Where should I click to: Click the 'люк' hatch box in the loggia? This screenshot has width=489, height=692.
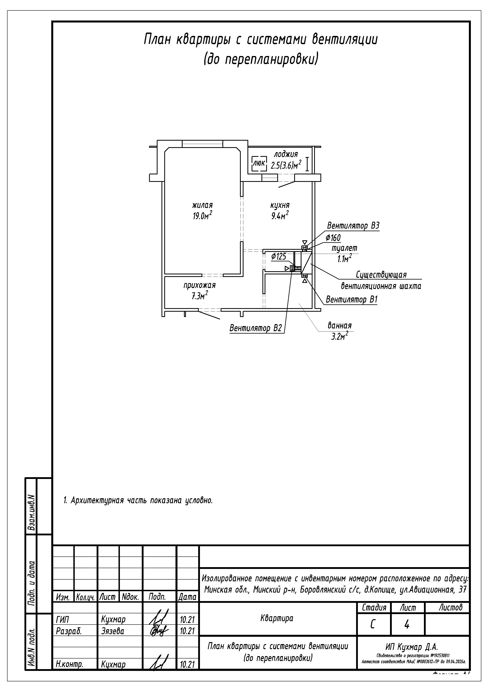tap(259, 164)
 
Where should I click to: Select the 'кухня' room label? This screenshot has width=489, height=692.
tap(280, 205)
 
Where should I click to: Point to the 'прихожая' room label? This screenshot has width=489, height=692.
tap(200, 285)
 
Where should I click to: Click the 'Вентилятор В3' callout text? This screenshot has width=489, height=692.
tap(353, 226)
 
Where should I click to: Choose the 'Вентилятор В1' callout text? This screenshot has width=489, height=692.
tap(352, 300)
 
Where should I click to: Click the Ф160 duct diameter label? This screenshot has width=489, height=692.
tap(333, 238)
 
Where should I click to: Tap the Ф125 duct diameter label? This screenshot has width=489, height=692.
tap(278, 256)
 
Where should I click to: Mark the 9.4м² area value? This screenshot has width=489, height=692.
tap(280, 216)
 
